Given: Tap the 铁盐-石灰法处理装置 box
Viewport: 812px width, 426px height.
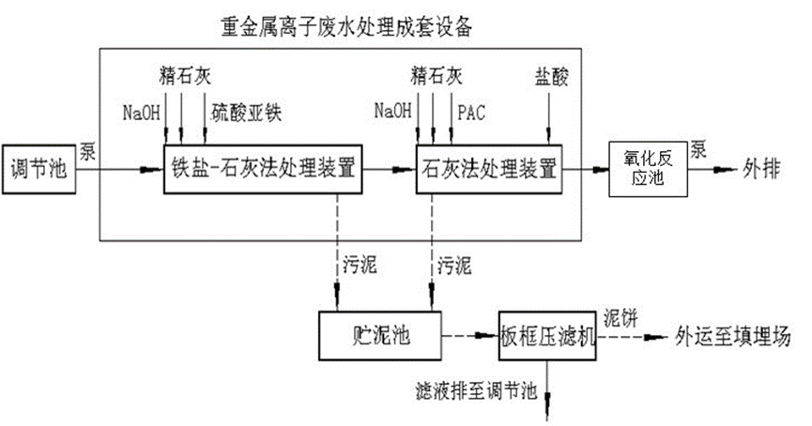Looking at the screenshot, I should [261, 171].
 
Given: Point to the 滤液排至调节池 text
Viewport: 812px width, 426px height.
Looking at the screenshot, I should [475, 388].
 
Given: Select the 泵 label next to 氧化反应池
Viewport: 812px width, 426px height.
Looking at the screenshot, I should [699, 150].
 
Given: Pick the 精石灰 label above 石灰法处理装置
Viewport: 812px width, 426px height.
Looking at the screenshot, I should [434, 72].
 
